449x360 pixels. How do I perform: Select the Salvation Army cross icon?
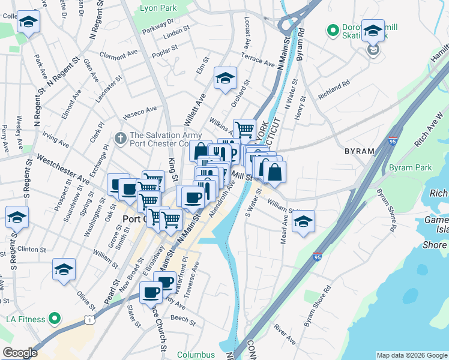pos(120,139)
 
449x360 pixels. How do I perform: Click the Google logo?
pos(20,353)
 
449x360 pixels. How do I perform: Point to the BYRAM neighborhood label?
pos(358,151)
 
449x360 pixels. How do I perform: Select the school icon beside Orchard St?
pos(226,79)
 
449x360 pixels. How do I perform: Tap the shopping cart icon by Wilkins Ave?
pos(244,129)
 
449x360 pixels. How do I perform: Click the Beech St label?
pos(179,318)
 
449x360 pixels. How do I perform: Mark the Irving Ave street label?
pos(56,140)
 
